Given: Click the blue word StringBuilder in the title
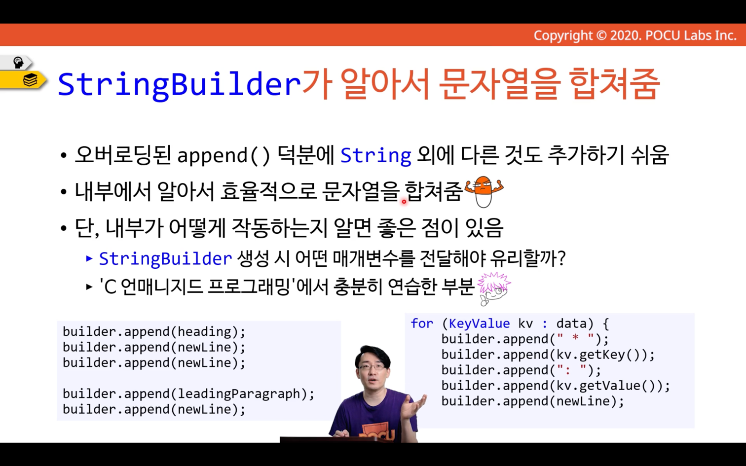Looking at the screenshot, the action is tap(179, 85).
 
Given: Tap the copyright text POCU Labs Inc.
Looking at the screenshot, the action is tap(691, 36).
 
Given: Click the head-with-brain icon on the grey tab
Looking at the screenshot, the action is tap(18, 62).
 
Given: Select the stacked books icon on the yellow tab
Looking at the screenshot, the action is tap(30, 80).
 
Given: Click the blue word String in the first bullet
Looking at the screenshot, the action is tap(375, 155).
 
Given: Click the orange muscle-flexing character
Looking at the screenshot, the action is tap(484, 192).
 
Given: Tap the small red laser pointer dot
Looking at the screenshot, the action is tap(404, 201).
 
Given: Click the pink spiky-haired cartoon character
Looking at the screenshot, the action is tap(494, 288).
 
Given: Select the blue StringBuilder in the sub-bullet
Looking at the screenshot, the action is tap(165, 258).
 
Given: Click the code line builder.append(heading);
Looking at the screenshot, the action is tap(154, 332).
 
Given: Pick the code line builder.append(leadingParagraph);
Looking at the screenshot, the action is tap(188, 394).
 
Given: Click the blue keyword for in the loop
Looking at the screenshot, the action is tap(422, 323).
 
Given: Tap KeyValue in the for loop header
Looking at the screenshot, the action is tap(479, 323).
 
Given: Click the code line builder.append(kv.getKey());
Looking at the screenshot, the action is tap(548, 355).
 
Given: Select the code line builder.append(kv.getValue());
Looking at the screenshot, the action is tap(556, 386).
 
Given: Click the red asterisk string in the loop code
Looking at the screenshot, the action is tap(575, 338).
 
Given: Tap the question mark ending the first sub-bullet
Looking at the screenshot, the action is tap(561, 258).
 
